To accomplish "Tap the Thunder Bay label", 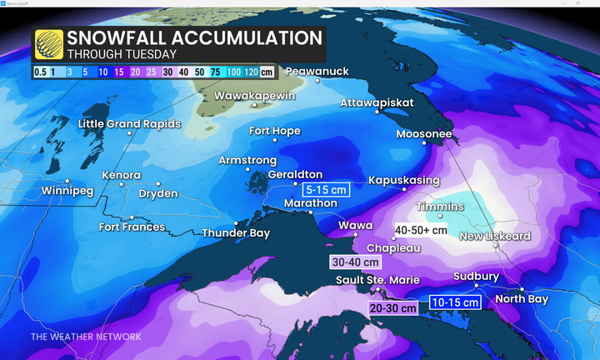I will pos(237,233).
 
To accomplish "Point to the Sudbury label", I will pos(477,277).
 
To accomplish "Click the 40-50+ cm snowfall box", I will pos(421,230).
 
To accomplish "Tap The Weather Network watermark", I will pos(86,337).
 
